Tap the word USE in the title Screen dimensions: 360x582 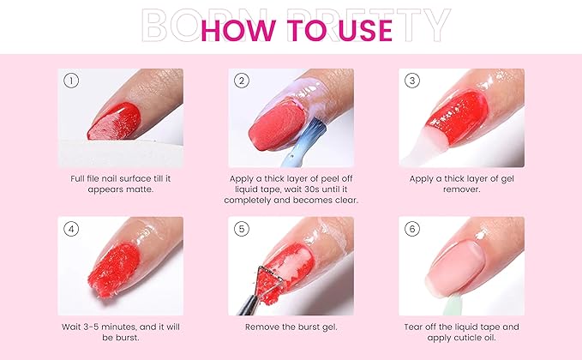click(355, 29)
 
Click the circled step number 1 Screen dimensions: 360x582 click(71, 81)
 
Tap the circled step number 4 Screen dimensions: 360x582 click(71, 229)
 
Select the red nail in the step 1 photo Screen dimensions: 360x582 click(114, 121)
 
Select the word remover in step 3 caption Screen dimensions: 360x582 click(461, 189)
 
